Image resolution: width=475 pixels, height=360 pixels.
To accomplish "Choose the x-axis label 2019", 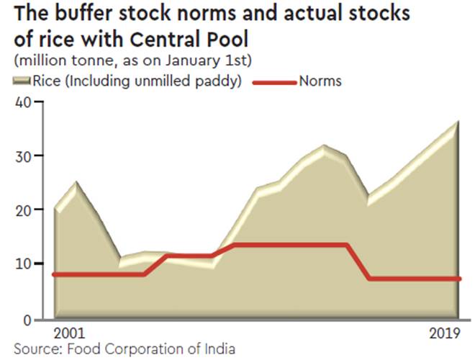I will point(444,334).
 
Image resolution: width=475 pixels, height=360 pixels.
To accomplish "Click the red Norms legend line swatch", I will point(274,82).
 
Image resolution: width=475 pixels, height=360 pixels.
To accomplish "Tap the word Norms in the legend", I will point(320,81).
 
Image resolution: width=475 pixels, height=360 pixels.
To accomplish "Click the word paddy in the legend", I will point(220,82).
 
